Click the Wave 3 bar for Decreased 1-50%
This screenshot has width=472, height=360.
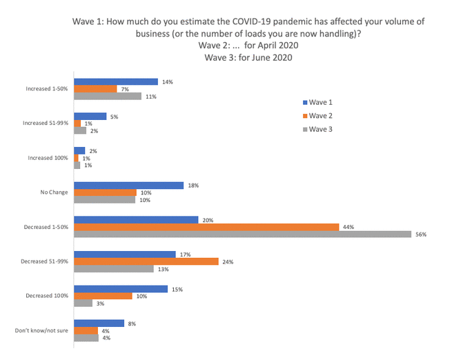(x=243, y=234)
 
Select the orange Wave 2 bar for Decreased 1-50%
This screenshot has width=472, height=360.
(x=206, y=227)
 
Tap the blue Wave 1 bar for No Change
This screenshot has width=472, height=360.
(x=128, y=186)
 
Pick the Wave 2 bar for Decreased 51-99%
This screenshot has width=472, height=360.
(x=146, y=261)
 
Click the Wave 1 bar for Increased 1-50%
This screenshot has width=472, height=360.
(x=116, y=82)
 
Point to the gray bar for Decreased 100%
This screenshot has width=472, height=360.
(x=83, y=303)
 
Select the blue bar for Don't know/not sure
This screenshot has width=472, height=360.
(x=99, y=323)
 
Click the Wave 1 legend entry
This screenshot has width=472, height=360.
(x=320, y=101)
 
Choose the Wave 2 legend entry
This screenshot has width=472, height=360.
(x=320, y=115)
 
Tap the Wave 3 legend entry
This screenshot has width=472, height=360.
(x=320, y=129)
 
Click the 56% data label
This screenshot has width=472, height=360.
(x=421, y=234)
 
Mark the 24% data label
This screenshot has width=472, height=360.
(x=228, y=261)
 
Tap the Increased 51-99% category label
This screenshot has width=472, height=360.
(x=46, y=123)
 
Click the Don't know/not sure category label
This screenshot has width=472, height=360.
(x=41, y=330)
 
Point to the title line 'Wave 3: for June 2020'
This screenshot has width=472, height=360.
(x=248, y=58)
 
